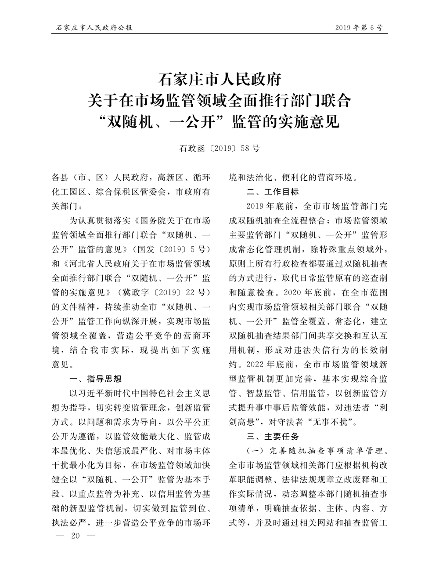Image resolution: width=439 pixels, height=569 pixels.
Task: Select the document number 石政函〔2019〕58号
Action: tap(219, 148)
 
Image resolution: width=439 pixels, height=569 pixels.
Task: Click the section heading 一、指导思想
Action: tap(96, 379)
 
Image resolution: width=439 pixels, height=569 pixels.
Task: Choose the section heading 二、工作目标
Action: tap(273, 192)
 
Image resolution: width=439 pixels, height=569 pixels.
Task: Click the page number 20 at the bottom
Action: tap(75, 536)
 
